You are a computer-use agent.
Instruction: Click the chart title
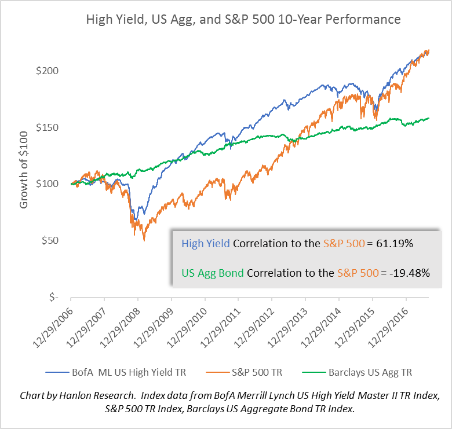pos(243,19)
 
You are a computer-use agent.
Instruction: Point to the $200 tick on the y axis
pos(48,71)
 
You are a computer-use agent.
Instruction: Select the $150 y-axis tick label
pos(48,127)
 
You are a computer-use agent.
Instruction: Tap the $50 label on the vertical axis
pos(50,240)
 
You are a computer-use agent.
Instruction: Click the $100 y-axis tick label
pos(48,184)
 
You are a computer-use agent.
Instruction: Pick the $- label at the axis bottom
pos(54,297)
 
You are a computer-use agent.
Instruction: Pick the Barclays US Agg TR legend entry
pos(372,372)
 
